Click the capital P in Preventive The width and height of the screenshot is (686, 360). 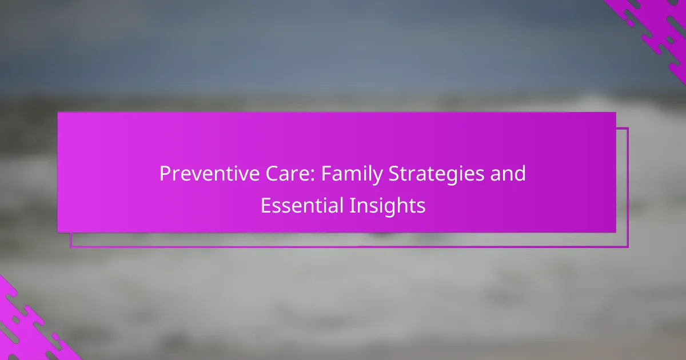pos(165,174)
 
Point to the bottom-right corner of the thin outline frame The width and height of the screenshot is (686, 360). pos(628,247)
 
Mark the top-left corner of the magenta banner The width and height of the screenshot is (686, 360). pos(58,113)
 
